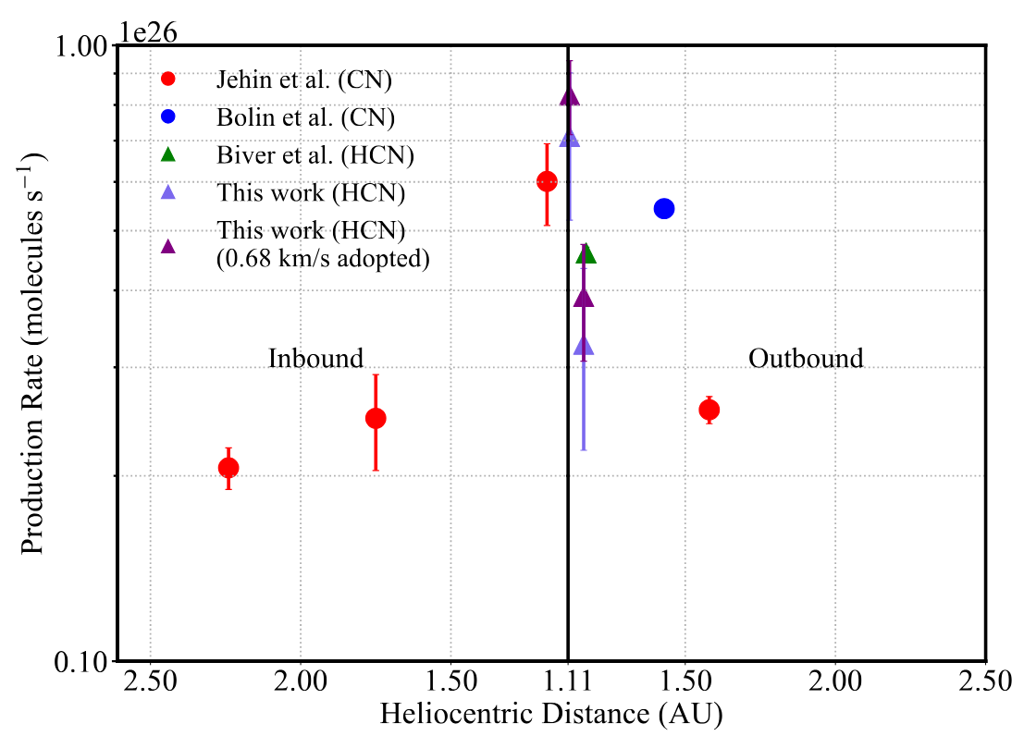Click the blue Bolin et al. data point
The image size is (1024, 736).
pos(663,208)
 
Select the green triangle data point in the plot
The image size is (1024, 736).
pos(586,254)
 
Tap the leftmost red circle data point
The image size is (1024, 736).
pos(228,468)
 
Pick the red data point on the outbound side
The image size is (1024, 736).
pos(709,410)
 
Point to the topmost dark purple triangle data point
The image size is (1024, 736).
pos(570,96)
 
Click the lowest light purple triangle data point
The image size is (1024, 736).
pos(584,346)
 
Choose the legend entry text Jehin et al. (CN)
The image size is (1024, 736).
pos(304,80)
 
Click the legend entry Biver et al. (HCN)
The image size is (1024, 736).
pos(315,155)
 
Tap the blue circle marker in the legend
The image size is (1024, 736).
pos(168,117)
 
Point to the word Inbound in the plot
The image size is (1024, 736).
pos(315,359)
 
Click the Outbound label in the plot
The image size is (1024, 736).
pos(806,359)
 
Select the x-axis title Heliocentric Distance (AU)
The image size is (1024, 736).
pos(550,714)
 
